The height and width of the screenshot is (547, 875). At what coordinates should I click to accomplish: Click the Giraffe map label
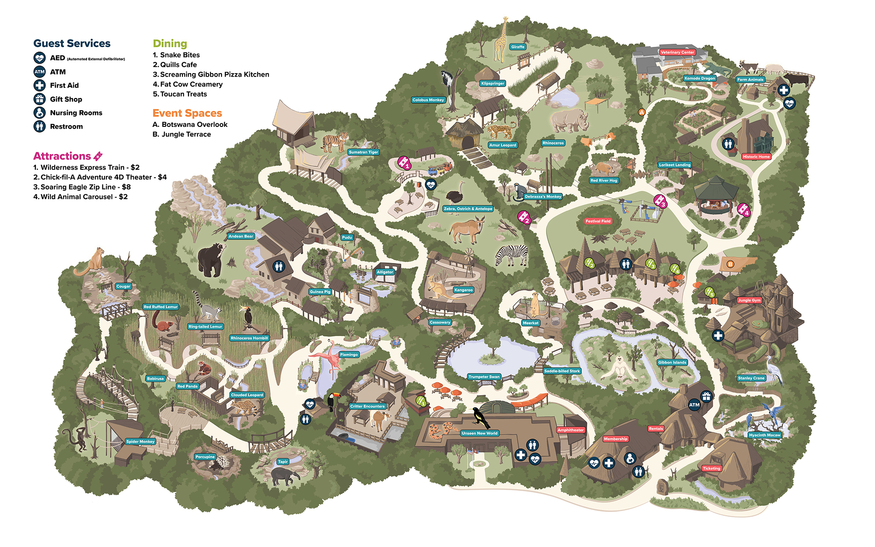[518, 47]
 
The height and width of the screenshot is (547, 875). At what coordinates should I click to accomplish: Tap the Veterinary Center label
[677, 52]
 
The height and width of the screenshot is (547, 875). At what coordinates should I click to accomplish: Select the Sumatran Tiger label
[364, 152]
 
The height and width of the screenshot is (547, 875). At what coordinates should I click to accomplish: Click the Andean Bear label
[241, 236]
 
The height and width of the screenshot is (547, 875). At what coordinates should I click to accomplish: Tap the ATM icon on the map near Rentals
[694, 405]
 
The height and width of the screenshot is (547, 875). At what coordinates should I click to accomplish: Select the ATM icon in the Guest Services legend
[39, 72]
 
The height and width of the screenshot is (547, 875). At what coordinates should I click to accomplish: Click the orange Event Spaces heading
[187, 113]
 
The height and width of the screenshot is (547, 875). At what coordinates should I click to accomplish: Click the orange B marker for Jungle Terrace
[730, 264]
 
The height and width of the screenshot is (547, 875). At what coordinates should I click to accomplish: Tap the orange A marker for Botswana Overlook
[642, 112]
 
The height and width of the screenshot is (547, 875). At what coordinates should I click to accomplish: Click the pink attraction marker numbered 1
[404, 163]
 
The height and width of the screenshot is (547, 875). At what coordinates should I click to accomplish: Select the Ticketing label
[711, 468]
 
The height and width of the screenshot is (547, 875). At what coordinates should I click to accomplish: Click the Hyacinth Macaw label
[764, 435]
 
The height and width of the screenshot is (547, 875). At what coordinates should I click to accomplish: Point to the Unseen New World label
[479, 433]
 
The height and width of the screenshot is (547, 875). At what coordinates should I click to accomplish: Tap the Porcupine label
[205, 457]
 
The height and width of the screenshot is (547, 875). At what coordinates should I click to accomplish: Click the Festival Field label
[598, 221]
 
